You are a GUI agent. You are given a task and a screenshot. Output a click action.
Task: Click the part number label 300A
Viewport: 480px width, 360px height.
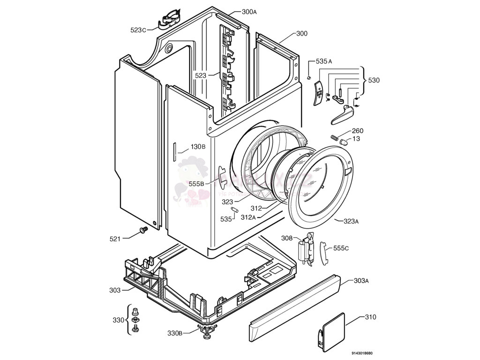(249, 12)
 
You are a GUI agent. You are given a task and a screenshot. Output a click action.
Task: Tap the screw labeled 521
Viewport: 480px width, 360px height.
(142, 230)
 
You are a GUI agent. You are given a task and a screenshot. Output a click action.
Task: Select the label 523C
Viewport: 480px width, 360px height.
(138, 30)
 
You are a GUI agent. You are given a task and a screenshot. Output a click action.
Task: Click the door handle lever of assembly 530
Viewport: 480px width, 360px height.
(341, 115)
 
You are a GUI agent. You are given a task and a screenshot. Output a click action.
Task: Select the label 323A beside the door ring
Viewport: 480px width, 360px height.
(351, 221)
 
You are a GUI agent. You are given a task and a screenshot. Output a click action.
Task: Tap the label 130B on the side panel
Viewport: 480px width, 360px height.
(198, 147)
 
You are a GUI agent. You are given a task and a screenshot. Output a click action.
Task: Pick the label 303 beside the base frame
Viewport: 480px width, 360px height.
(115, 290)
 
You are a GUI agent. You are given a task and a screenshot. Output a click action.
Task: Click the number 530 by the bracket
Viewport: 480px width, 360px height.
(374, 81)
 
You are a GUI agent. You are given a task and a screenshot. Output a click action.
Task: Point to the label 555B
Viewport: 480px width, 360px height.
(196, 184)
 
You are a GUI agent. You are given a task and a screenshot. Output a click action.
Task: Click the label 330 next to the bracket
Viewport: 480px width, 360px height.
(119, 320)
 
